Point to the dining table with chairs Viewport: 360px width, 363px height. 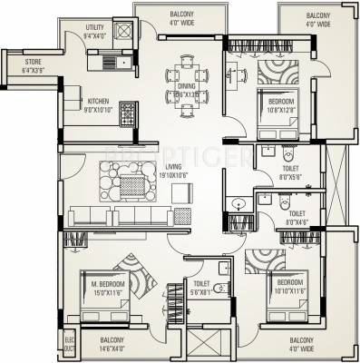pos(185,80)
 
